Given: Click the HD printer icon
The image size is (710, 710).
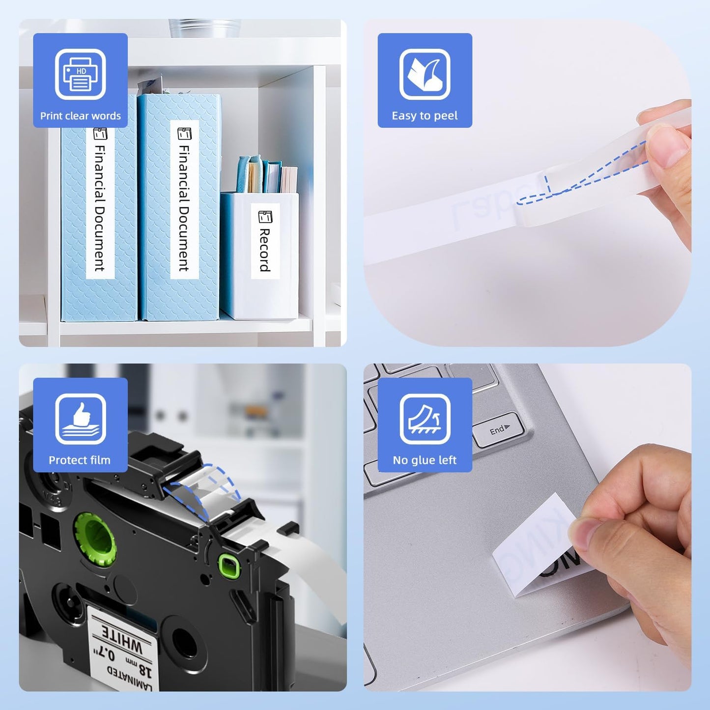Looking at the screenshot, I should point(80,74).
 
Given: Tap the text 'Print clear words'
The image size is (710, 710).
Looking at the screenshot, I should point(80,116).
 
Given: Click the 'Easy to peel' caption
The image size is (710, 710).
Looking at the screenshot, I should point(425,116).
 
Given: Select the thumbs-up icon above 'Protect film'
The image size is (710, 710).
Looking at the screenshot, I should point(80,419).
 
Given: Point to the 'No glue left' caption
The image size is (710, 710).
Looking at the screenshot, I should point(425,460).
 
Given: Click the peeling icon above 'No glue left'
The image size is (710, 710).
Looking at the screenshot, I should point(425,419).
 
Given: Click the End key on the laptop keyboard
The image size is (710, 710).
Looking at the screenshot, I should point(498,430).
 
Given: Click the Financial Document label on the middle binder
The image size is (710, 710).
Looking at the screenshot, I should point(184,206).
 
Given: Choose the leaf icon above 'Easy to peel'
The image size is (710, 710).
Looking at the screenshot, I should point(425,74).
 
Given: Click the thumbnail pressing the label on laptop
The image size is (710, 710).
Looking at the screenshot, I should point(584,535).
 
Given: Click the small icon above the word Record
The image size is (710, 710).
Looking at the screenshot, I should point(265,216).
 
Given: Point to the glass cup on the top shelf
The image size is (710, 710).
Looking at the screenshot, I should point(204,28).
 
